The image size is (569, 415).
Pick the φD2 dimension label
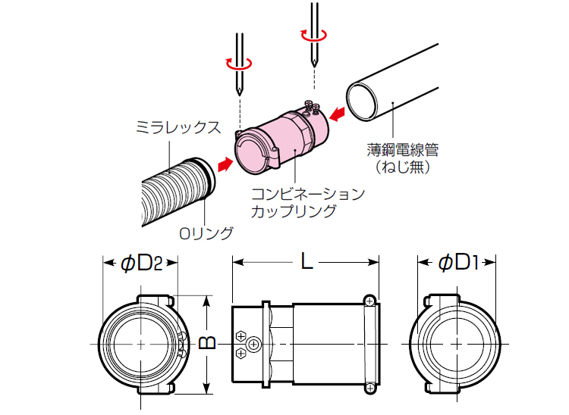pos(141,262)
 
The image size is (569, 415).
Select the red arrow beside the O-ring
pos(224,164)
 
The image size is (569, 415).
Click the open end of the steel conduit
pos(363,99)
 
